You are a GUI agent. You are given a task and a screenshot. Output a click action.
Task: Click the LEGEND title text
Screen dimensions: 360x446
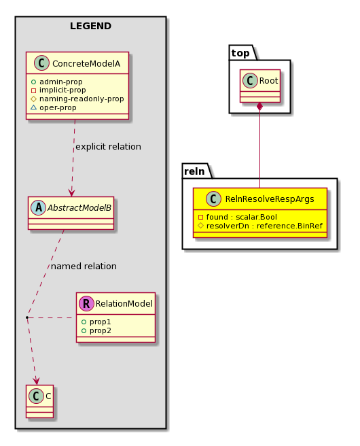coord(90,26)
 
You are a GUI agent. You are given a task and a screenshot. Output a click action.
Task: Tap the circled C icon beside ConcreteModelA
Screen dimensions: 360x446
coord(41,63)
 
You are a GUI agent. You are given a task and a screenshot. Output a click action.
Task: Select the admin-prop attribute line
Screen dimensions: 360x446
coord(57,82)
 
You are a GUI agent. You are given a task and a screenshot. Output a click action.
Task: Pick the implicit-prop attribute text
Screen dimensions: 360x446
coord(62,90)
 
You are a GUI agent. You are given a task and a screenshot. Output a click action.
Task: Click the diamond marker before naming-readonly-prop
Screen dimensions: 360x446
coord(33,99)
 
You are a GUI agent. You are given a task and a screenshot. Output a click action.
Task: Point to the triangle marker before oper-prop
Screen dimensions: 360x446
coord(33,107)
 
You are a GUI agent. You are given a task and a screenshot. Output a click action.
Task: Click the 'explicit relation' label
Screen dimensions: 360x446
coord(108,147)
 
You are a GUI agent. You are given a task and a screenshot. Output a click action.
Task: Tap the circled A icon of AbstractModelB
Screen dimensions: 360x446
coord(38,207)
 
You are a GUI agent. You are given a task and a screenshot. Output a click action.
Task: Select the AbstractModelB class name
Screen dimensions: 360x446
coord(79,208)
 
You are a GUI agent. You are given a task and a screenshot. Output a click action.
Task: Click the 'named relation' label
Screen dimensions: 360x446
coord(84,267)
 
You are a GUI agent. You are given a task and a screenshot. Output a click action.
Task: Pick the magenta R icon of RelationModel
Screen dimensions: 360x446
coord(86,303)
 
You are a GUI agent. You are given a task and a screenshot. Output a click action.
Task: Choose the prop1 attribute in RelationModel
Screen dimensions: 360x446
coord(96,322)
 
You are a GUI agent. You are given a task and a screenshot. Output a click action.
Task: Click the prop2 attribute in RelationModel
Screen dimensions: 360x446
coord(96,331)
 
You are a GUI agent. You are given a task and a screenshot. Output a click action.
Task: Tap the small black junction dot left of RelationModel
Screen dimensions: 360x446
coord(27,317)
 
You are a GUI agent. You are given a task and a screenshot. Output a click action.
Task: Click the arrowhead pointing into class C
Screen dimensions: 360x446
coord(37,381)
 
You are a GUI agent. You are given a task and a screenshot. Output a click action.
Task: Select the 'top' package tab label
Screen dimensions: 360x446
coord(240,53)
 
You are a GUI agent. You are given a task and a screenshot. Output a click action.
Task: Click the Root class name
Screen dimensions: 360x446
coord(268,81)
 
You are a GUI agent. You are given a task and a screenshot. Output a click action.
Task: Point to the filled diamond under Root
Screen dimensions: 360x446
coord(259,108)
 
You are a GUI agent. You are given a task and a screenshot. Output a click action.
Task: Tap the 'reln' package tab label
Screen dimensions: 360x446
coord(194,171)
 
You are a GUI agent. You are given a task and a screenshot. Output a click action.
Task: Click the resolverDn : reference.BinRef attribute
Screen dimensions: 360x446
coord(261,226)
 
